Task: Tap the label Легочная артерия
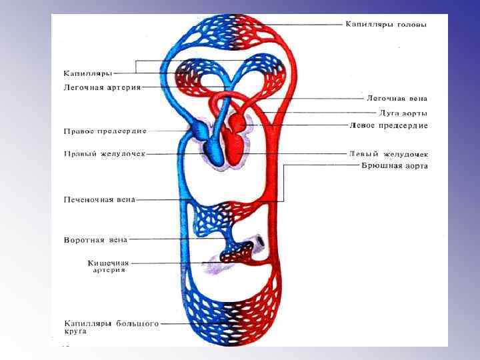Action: click(x=102, y=87)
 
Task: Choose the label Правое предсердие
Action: click(x=105, y=131)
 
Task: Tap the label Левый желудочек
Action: click(x=388, y=153)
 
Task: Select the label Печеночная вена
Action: click(x=100, y=199)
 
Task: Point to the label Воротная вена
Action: click(x=96, y=239)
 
